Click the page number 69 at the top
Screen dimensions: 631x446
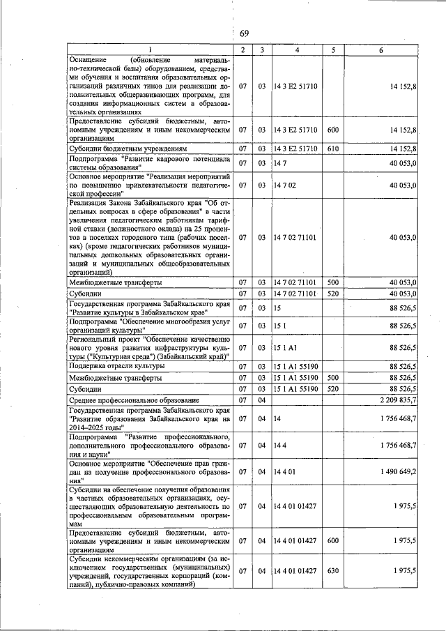tap(245, 33)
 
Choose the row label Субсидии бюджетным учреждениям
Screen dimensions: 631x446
tap(127, 149)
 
